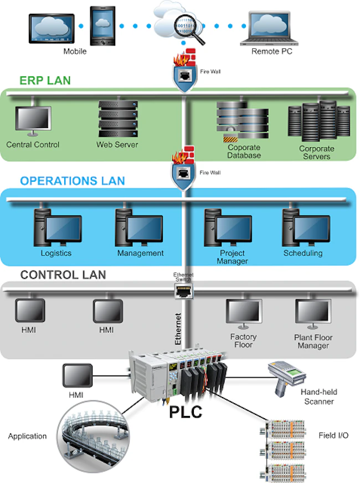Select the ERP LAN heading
coord(45,80)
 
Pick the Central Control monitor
coord(33,121)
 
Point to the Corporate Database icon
coord(242,124)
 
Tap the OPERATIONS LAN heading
coord(72,181)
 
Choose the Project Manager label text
coord(232,257)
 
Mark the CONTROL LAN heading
coord(63,275)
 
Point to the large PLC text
coord(184,412)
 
